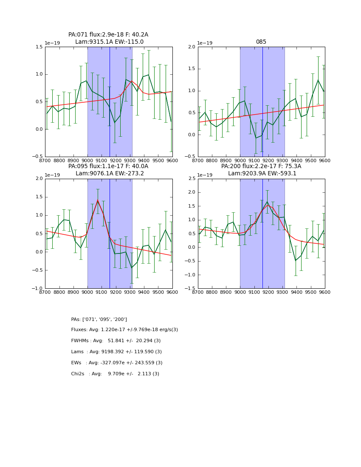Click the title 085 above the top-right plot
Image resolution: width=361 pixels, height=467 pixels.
[x=261, y=42]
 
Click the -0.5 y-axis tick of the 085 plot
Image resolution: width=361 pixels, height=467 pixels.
[x=191, y=157]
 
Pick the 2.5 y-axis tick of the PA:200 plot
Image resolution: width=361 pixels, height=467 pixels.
[x=192, y=179]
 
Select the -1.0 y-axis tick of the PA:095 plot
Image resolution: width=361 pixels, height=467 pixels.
[x=37, y=289]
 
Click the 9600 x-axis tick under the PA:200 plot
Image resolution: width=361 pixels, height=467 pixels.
[x=325, y=292]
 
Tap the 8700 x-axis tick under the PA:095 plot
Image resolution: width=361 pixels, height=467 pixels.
[x=45, y=292]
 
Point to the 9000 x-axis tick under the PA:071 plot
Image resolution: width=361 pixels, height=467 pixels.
[x=87, y=160]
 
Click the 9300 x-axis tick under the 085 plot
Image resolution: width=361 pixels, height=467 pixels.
[x=282, y=160]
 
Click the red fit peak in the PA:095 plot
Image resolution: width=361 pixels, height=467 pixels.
[x=97, y=200]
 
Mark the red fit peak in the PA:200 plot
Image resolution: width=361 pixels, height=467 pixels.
[x=268, y=205]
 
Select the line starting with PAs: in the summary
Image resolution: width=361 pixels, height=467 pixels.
[x=99, y=319]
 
